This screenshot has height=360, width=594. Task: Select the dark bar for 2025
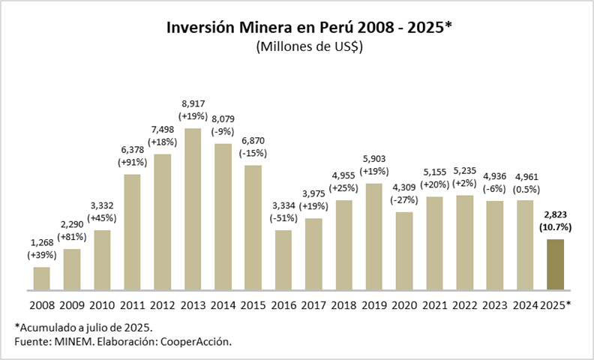(x=554, y=265)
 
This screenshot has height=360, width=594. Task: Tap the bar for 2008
(x=42, y=278)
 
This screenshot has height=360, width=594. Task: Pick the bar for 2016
(x=283, y=259)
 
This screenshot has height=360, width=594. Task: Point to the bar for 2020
(x=403, y=250)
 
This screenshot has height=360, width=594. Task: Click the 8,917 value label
(x=193, y=103)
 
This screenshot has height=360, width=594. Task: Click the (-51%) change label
(x=283, y=218)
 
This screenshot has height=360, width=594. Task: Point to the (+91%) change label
(x=133, y=162)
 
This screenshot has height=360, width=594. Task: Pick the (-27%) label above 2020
(x=403, y=199)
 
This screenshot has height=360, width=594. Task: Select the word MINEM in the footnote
(x=69, y=341)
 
